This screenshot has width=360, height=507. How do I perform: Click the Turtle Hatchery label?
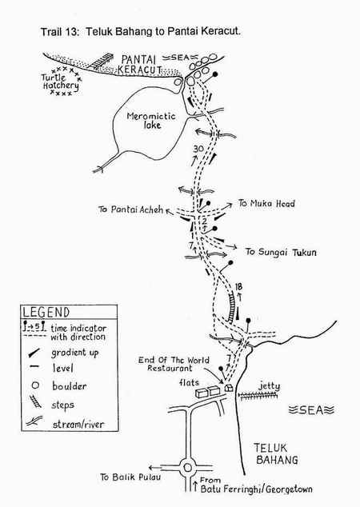61,82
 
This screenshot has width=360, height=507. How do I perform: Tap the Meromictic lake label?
151,120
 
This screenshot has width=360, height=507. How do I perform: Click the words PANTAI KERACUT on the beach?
140,64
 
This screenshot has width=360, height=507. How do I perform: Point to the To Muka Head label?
266,203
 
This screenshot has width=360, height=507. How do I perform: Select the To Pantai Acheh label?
130,210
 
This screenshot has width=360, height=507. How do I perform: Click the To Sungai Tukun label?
281,252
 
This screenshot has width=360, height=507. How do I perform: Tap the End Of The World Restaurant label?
174,364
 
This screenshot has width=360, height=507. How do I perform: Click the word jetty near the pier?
269,386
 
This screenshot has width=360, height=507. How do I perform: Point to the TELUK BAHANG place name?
277,453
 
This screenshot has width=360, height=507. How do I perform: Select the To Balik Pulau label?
130,477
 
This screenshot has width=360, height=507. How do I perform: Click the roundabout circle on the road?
187,468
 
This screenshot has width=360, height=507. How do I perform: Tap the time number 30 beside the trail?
198,149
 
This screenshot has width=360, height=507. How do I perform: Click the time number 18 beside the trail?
238,286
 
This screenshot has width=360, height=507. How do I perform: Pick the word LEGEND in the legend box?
46,313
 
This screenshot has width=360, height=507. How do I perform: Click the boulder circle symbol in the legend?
35,385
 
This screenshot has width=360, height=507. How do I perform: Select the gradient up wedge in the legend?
34,353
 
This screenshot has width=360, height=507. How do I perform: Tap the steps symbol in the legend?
35,401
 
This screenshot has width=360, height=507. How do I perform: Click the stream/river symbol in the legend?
34,421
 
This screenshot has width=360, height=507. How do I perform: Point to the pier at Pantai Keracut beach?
101,61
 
